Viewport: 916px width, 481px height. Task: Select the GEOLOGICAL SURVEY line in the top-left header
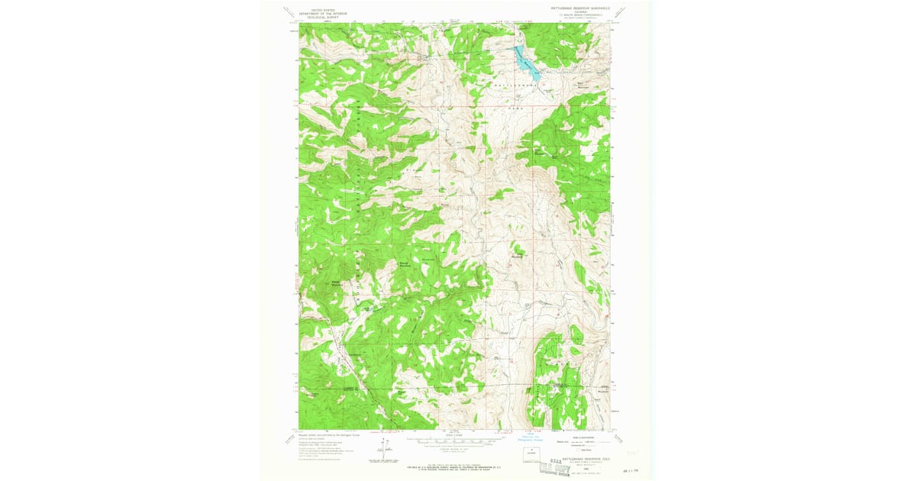click(x=317, y=18)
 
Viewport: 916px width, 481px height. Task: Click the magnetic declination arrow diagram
click(x=383, y=450)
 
